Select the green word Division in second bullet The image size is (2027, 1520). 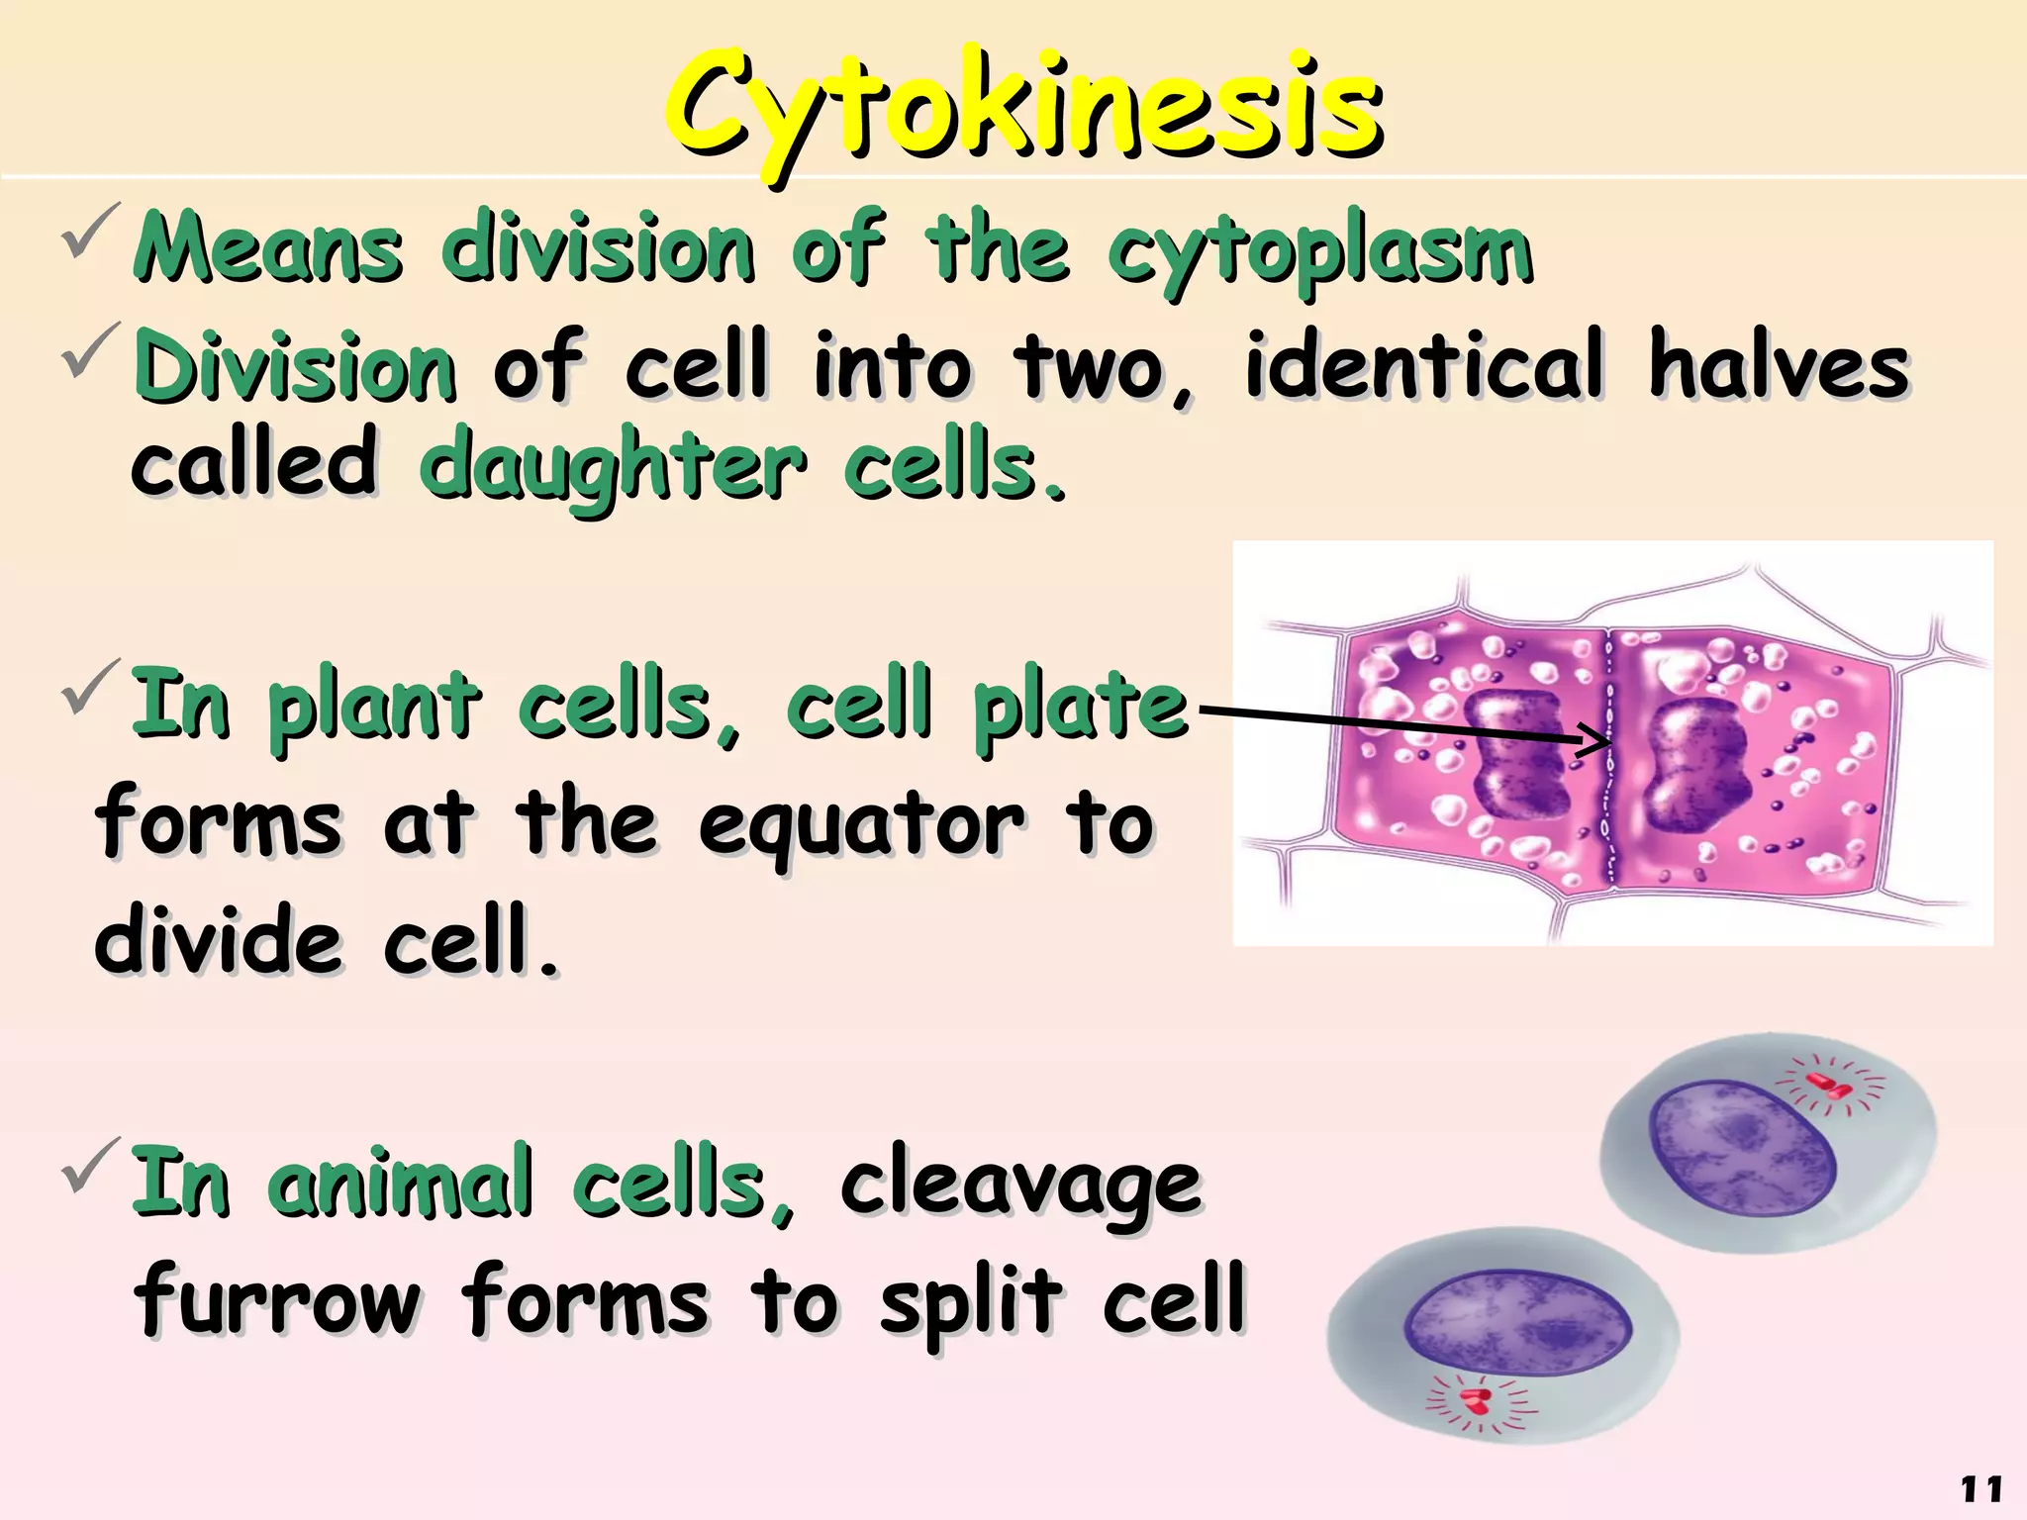click(295, 367)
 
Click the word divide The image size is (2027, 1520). click(218, 940)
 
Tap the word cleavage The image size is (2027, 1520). click(1020, 1184)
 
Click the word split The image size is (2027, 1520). click(971, 1301)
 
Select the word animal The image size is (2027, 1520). click(400, 1182)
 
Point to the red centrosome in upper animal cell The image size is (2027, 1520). click(1829, 1085)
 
